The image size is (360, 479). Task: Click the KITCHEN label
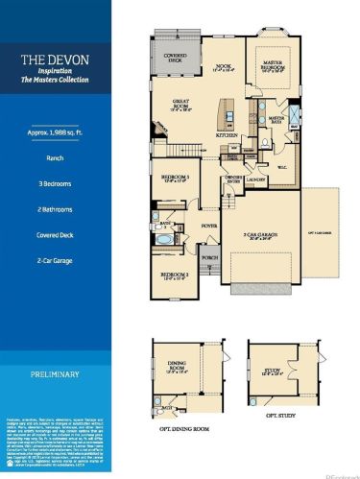pyautogui.click(x=228, y=136)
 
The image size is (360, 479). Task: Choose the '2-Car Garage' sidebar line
pyautogui.click(x=58, y=258)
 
